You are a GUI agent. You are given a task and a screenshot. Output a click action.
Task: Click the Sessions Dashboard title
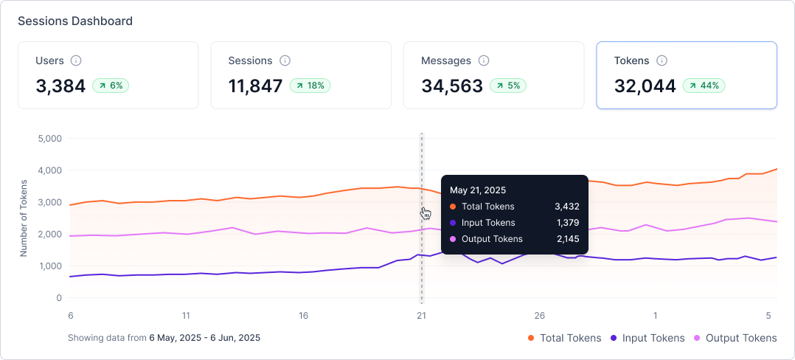click(x=75, y=21)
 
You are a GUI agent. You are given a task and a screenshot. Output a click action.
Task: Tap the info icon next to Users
click(x=76, y=60)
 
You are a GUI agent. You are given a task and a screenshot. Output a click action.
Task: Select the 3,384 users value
click(x=60, y=86)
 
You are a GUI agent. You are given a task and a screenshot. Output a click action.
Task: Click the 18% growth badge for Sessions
click(x=310, y=86)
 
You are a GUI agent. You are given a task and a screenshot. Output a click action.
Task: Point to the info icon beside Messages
click(x=484, y=60)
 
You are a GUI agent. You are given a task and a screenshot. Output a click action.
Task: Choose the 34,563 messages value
click(x=452, y=86)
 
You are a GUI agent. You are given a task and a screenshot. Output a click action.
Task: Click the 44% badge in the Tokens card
click(x=704, y=86)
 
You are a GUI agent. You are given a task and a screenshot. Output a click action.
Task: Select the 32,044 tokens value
click(x=645, y=86)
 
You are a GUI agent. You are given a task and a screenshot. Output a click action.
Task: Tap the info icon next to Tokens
click(x=662, y=60)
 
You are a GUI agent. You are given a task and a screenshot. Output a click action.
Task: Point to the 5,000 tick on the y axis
click(x=49, y=138)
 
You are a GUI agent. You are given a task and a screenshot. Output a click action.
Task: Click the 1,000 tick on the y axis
click(x=49, y=266)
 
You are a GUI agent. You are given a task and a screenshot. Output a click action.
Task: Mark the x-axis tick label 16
click(x=304, y=315)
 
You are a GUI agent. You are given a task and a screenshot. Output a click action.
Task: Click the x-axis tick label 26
click(x=540, y=315)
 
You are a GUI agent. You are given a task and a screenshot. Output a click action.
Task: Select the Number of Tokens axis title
click(x=24, y=218)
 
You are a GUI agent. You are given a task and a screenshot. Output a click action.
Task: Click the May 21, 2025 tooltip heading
click(x=478, y=190)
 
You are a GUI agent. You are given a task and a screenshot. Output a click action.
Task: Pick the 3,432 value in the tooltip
click(x=567, y=207)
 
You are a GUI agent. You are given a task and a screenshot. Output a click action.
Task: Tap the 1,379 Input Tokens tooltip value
click(x=567, y=223)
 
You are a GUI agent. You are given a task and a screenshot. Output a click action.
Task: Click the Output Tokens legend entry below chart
click(x=735, y=338)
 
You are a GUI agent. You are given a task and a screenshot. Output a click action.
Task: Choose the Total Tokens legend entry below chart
click(x=565, y=338)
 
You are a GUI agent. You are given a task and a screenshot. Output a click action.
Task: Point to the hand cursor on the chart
click(x=426, y=213)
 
